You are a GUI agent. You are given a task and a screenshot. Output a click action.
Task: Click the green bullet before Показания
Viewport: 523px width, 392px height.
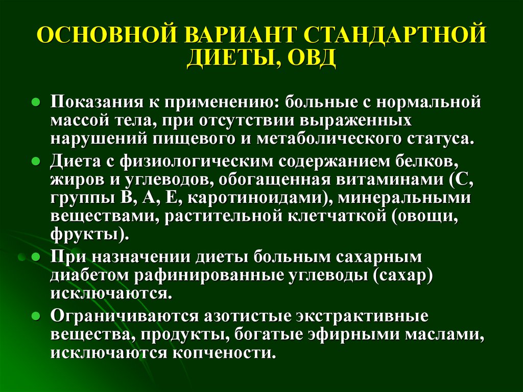point(36,102)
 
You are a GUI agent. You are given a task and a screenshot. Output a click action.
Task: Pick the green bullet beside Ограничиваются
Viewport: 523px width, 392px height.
point(36,316)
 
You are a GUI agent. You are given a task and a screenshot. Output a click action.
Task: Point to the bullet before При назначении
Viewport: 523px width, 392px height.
point(36,257)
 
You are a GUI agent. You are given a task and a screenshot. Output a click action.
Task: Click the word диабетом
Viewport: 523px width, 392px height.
point(89,276)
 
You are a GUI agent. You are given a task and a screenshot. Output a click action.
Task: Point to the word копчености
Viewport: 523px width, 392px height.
point(224,353)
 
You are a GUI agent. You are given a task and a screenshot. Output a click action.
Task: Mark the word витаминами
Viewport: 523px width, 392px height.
point(390,179)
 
